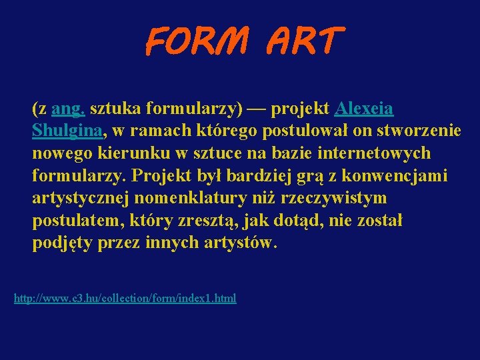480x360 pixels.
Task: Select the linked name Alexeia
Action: [x=365, y=108]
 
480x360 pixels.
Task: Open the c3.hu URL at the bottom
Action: [x=125, y=298]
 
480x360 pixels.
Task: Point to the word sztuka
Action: [x=113, y=108]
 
